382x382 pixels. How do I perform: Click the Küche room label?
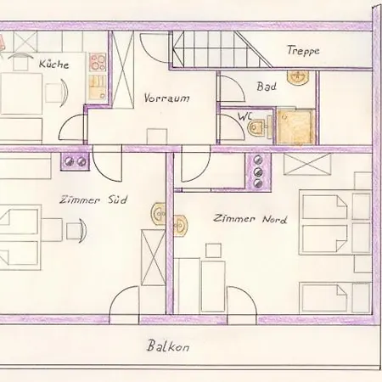[53, 64]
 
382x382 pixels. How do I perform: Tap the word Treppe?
[302, 52]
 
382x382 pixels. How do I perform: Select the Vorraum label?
[166, 98]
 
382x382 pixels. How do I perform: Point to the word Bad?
[266, 87]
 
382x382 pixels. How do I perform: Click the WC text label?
[245, 115]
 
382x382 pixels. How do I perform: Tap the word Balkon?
[166, 346]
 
